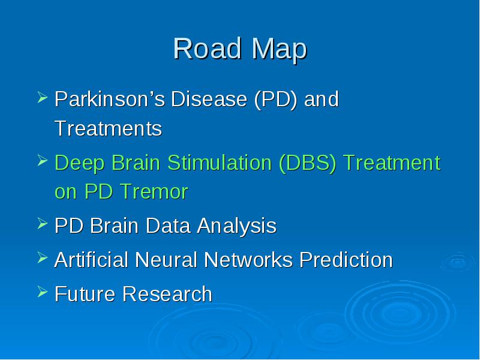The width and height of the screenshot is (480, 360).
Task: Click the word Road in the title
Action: click(x=207, y=49)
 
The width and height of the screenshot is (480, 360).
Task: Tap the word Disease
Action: click(x=209, y=98)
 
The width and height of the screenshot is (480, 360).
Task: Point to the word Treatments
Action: click(x=109, y=128)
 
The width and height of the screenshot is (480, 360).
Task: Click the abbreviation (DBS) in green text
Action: click(x=308, y=163)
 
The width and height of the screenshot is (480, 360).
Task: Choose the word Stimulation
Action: click(x=220, y=162)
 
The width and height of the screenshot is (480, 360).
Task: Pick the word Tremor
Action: click(x=154, y=191)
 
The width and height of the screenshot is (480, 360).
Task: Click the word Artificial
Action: click(x=91, y=260)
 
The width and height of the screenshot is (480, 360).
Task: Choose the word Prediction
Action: click(x=346, y=260)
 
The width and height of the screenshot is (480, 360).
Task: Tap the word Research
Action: click(x=167, y=294)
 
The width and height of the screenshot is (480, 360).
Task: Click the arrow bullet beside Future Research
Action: click(x=43, y=292)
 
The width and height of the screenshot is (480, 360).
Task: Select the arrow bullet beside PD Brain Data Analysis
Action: click(x=43, y=223)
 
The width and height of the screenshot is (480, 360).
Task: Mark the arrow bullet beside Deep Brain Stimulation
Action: click(x=43, y=160)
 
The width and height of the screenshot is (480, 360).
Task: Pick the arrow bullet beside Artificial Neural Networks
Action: click(x=43, y=257)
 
